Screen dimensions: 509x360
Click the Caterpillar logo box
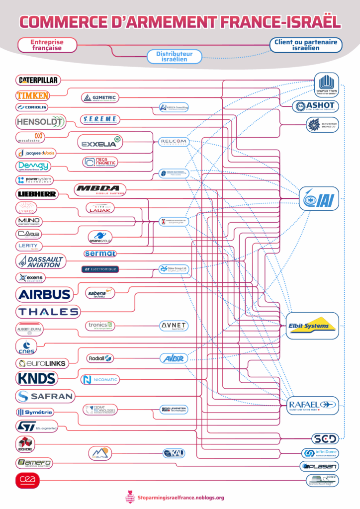38,80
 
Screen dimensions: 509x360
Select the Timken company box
32,95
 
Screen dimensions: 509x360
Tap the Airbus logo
44,294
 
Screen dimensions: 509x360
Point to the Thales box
48,312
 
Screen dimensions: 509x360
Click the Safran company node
45,396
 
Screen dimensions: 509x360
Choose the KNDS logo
37,378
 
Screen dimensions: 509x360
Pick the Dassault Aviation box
40,261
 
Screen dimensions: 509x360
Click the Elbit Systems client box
312,326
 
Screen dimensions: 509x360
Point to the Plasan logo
319,466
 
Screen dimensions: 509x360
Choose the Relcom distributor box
174,142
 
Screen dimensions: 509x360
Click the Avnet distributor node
174,326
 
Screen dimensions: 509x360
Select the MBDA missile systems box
100,190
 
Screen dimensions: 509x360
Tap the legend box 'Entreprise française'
47,45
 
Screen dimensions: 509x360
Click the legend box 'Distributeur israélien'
175,56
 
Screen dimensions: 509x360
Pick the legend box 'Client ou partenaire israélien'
306,45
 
